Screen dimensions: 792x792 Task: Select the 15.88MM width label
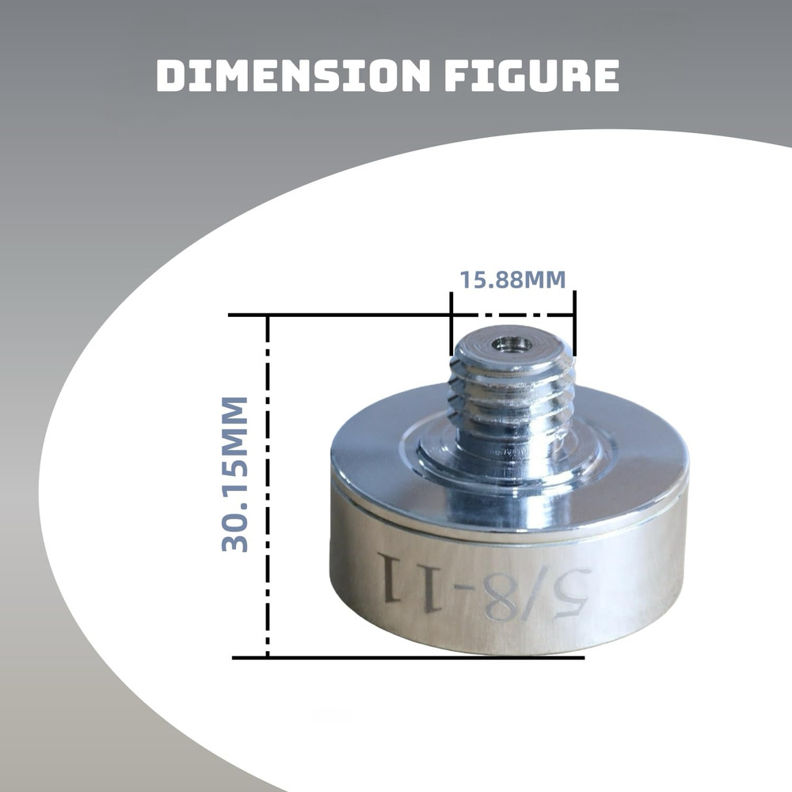[x=512, y=280]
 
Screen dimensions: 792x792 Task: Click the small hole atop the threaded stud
[x=511, y=344]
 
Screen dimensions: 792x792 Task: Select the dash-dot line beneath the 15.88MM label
[x=512, y=314]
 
